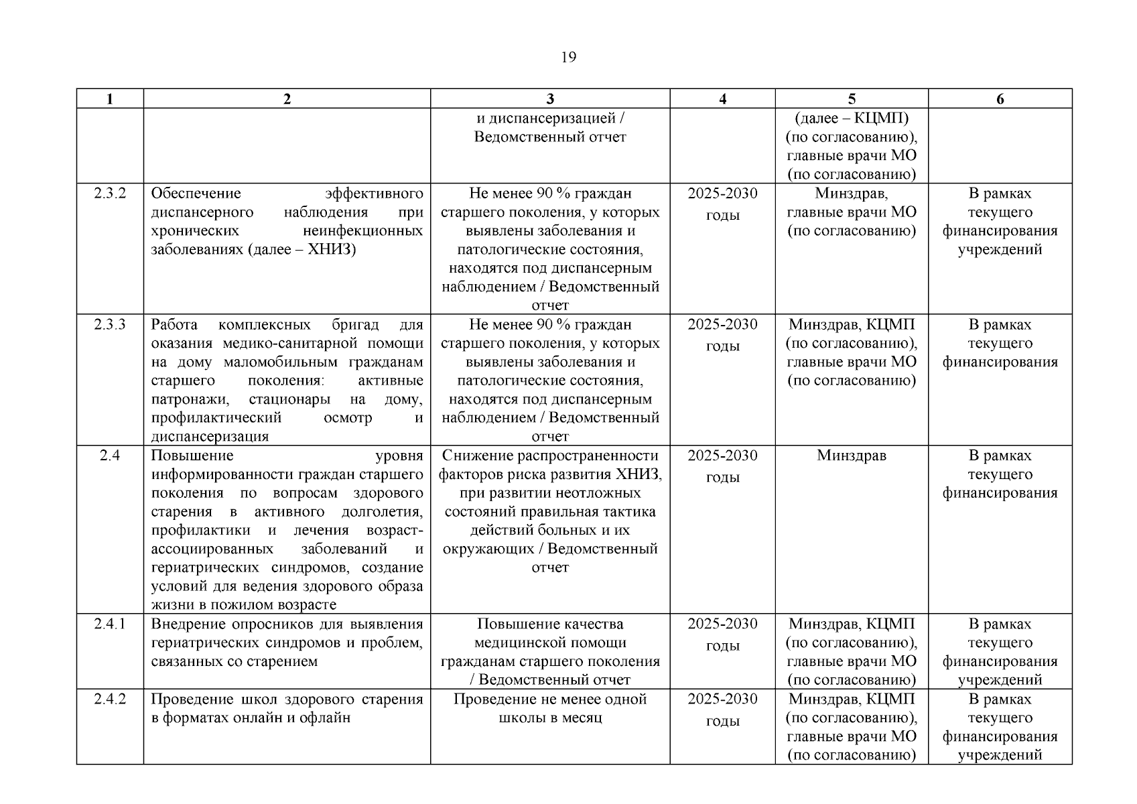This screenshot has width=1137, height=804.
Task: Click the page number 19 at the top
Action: click(x=567, y=57)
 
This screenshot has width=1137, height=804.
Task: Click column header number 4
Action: click(x=722, y=99)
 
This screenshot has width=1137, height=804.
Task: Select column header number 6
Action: click(x=1000, y=99)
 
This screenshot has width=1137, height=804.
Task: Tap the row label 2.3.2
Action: click(x=110, y=194)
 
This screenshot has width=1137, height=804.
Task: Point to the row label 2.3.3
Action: click(x=110, y=325)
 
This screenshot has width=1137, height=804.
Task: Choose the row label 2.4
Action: click(x=110, y=456)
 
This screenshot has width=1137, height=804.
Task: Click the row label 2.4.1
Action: click(x=110, y=624)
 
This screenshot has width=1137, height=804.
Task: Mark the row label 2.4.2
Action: click(x=110, y=699)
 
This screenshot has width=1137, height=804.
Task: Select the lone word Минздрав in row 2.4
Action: click(x=851, y=456)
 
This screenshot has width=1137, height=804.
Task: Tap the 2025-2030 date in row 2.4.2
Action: click(x=722, y=699)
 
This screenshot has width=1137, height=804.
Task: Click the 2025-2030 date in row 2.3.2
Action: click(x=722, y=194)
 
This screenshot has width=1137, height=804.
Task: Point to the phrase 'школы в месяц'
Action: click(x=550, y=718)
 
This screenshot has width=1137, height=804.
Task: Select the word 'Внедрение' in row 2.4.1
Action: click(x=188, y=624)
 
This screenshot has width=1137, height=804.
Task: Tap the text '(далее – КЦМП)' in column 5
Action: click(x=851, y=119)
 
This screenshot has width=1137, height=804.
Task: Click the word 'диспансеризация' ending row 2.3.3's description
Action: click(x=210, y=437)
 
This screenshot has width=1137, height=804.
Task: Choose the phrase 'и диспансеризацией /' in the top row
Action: click(x=550, y=119)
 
